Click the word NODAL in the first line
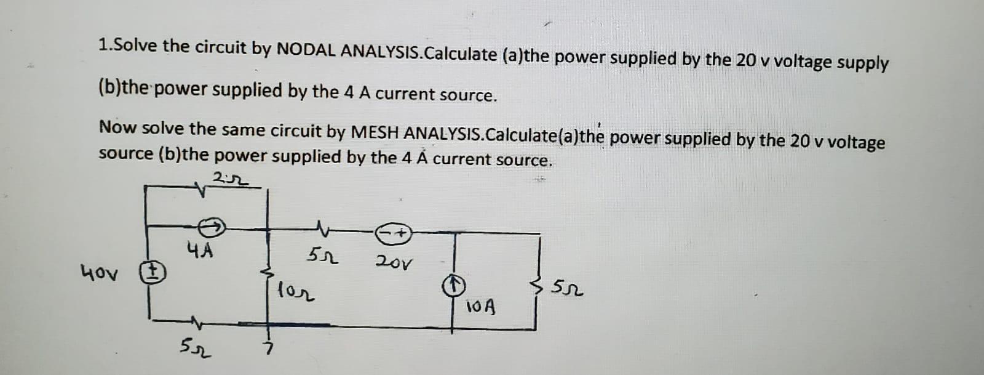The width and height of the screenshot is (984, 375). (306, 50)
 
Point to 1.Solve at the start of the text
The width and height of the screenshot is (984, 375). (128, 45)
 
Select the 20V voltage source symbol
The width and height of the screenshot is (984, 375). (394, 233)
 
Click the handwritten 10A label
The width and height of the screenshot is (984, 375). (482, 305)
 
